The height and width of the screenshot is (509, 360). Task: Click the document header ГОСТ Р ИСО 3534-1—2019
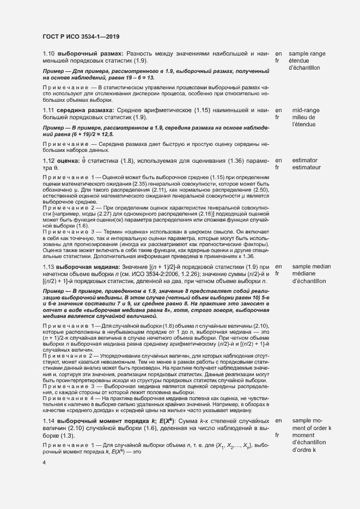81,36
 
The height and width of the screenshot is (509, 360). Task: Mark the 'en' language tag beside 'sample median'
279,267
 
